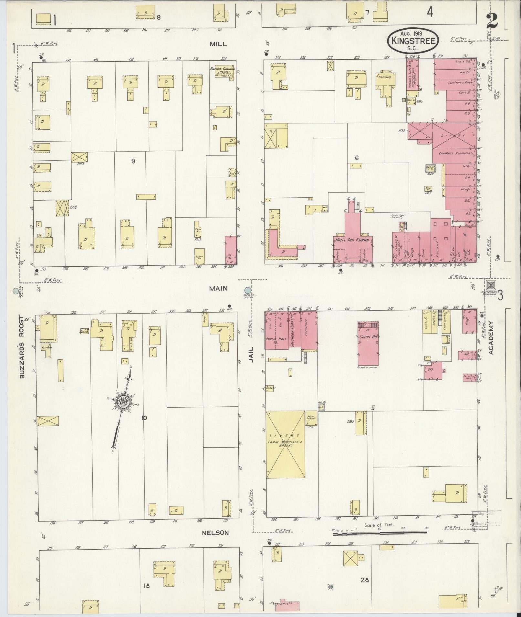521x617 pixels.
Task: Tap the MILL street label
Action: pyautogui.click(x=218, y=44)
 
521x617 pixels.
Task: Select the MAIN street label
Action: pyautogui.click(x=218, y=288)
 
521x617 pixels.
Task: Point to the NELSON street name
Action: pyautogui.click(x=215, y=533)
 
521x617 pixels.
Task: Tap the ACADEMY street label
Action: pyautogui.click(x=491, y=338)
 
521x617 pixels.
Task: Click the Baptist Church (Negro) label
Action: pyautogui.click(x=222, y=72)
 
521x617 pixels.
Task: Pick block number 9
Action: pyautogui.click(x=133, y=161)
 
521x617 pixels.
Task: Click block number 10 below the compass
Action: pyautogui.click(x=144, y=418)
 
